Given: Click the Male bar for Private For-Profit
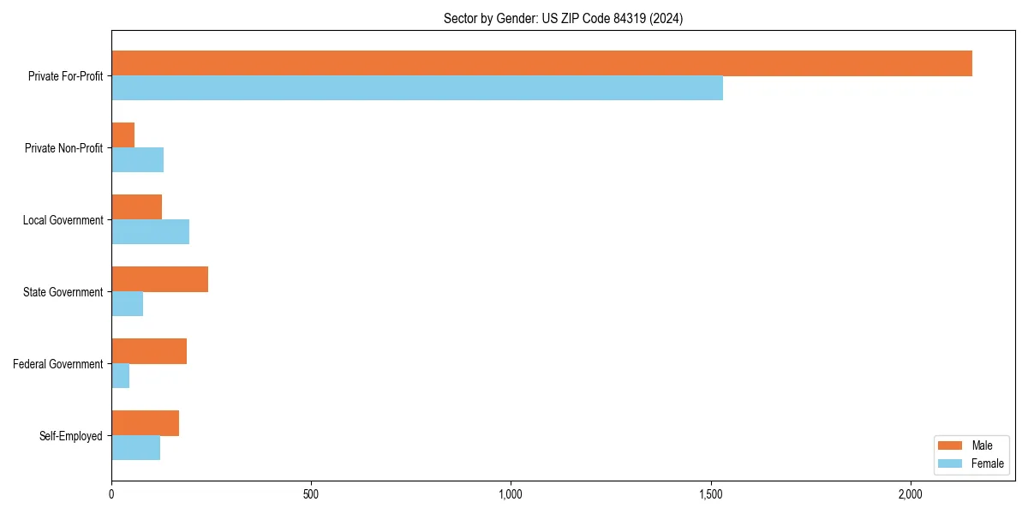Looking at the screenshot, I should [541, 63].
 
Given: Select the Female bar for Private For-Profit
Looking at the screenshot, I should [417, 88].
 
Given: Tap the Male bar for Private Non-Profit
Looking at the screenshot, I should [123, 135].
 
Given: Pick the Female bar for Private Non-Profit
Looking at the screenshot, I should [137, 160].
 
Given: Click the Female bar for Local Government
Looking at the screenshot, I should [150, 232].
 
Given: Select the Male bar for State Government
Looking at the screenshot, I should [159, 279].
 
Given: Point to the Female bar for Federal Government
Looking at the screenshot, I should [121, 376].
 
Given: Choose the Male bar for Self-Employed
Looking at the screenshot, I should [145, 423].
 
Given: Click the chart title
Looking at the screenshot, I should [563, 18].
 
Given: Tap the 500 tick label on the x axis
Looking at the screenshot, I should [311, 494].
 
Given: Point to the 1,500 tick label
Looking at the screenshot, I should [710, 494].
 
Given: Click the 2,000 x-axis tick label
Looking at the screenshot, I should [910, 494].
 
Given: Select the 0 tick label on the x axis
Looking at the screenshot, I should [111, 494].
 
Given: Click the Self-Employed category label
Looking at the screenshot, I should [71, 436].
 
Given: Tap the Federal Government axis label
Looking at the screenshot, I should [58, 364].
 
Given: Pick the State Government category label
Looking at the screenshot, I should [63, 292].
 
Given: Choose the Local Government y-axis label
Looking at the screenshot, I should [63, 220].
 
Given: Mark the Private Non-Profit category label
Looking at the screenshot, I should [64, 148].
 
